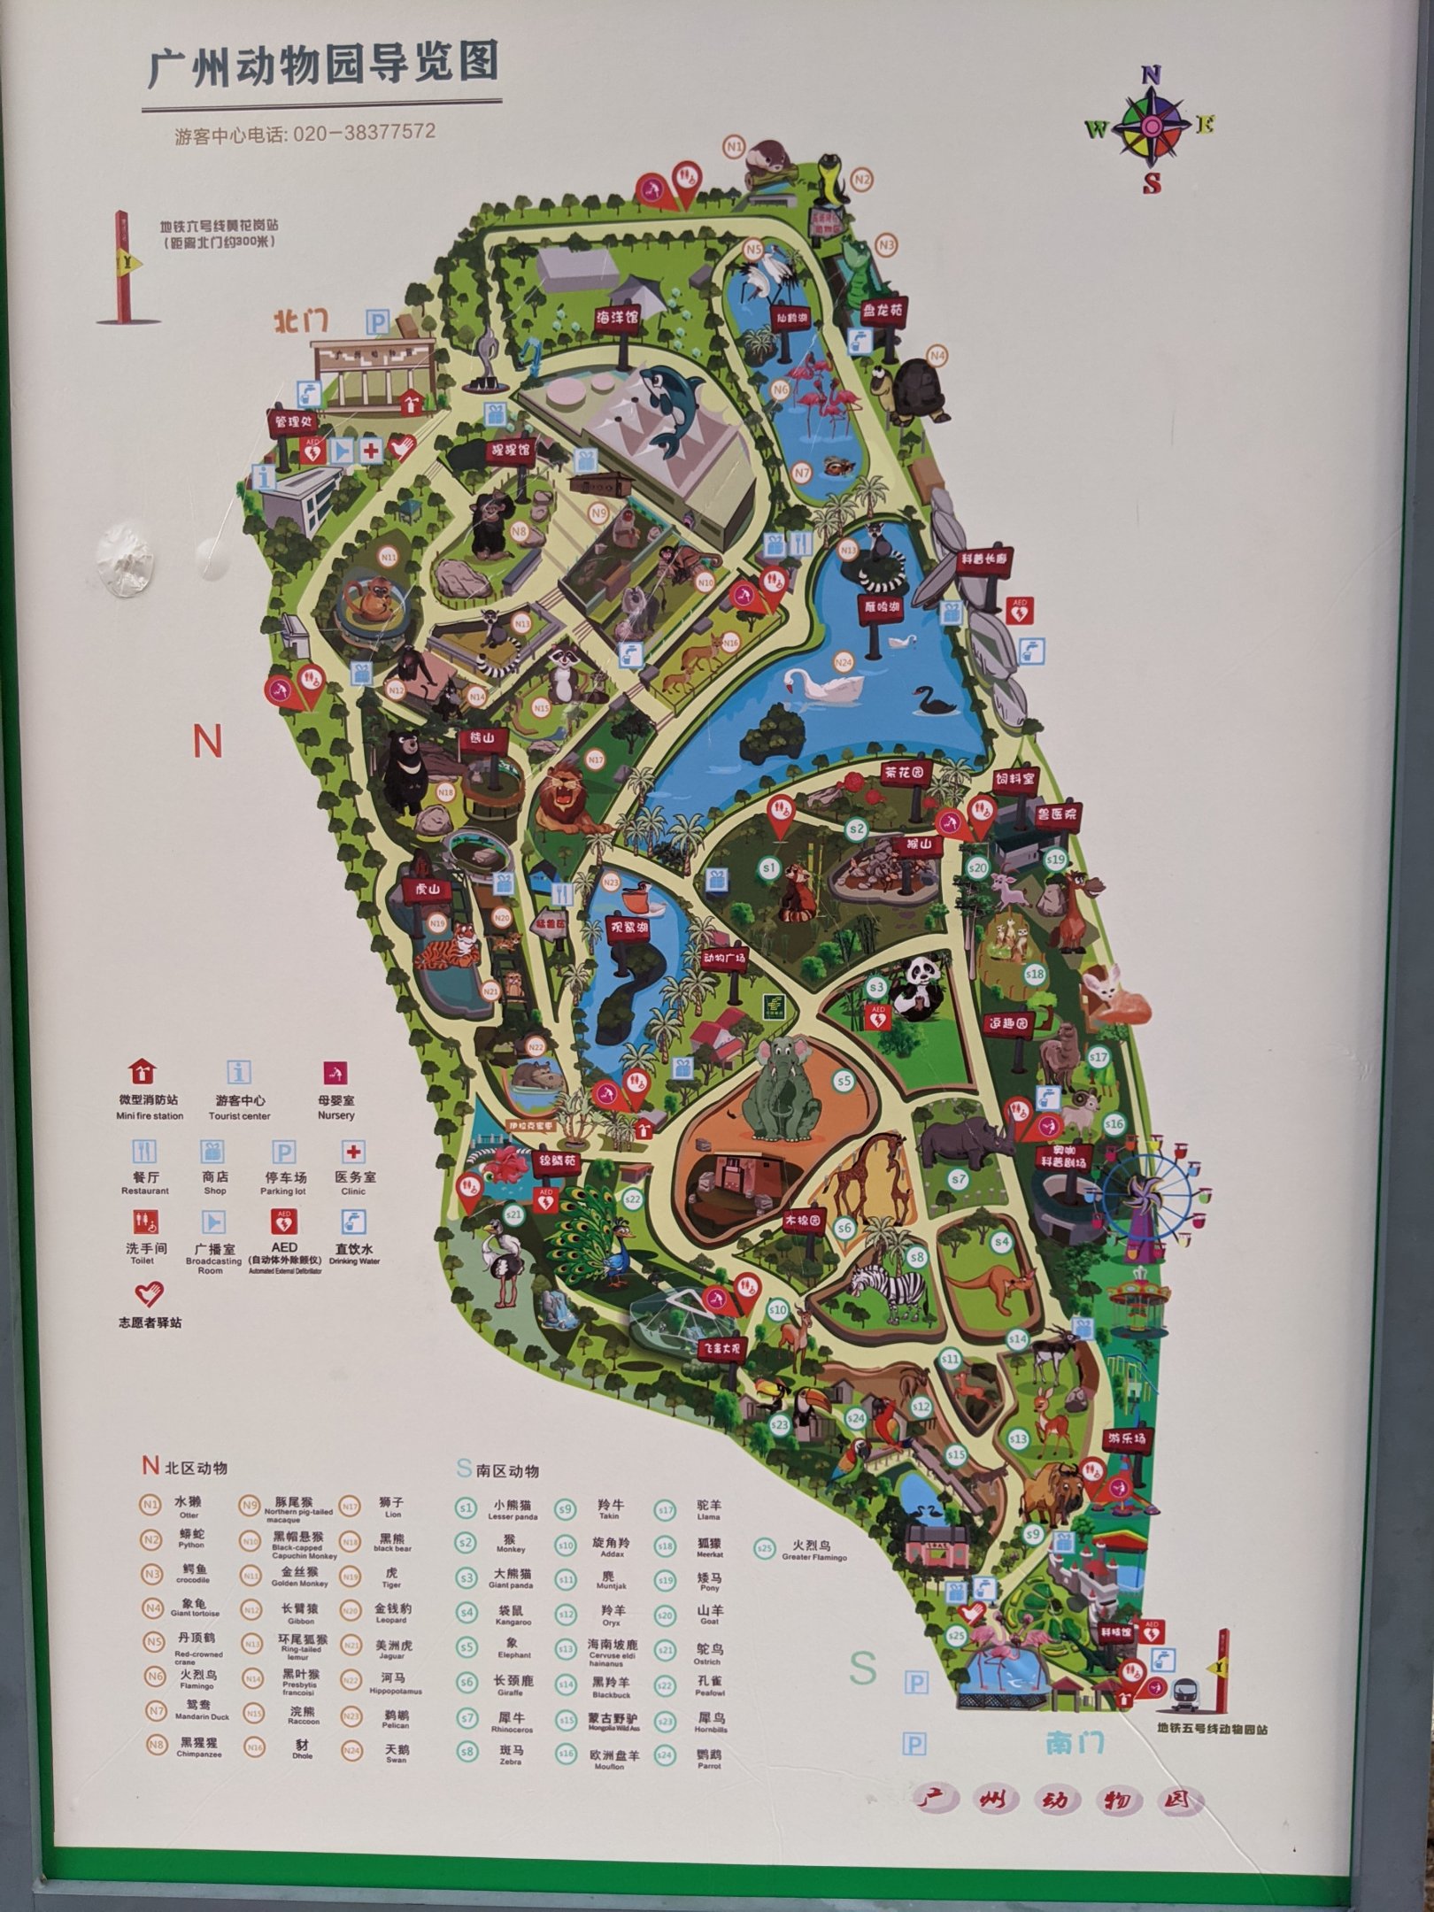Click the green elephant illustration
[x=780, y=1091]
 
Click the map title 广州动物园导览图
[x=322, y=66]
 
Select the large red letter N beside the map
[x=207, y=743]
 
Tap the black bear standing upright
[x=407, y=769]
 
